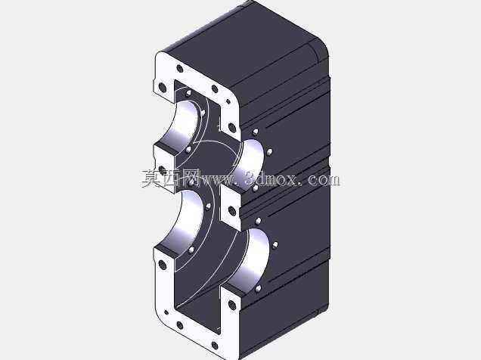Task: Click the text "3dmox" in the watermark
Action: pos(272,179)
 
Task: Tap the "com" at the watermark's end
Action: pos(324,180)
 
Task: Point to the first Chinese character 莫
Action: pos(151,178)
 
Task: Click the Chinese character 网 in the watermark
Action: pos(189,178)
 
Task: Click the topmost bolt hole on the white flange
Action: pos(180,69)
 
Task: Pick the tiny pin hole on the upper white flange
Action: pos(228,101)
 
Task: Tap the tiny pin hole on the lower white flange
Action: pos(166,312)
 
